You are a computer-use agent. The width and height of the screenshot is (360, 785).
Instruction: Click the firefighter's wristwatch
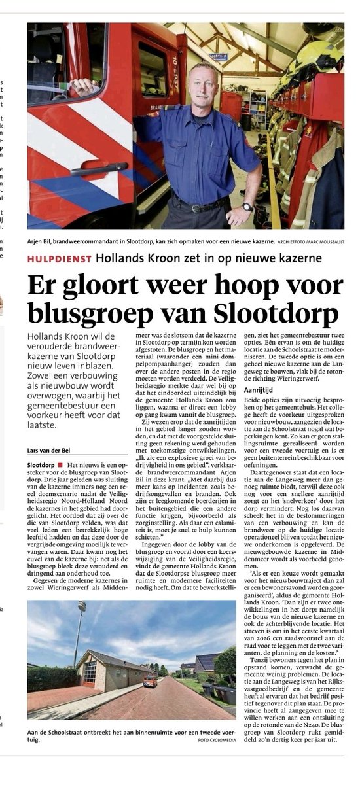(247, 207)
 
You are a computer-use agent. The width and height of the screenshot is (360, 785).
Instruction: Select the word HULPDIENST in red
(60, 258)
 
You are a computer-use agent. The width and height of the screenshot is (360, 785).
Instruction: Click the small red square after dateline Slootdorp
(60, 464)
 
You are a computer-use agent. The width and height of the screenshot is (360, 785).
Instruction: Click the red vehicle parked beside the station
(150, 681)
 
